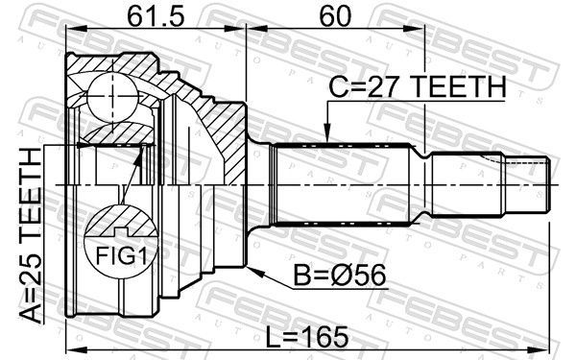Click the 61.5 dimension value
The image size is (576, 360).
click(x=156, y=16)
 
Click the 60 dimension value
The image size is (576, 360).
click(x=335, y=16)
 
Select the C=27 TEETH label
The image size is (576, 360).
click(x=418, y=87)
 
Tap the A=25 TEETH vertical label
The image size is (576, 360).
click(x=31, y=236)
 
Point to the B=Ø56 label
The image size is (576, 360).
click(x=340, y=276)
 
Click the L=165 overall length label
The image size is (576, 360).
click(x=307, y=337)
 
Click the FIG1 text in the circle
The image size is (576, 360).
click(x=121, y=255)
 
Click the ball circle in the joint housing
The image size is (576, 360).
click(x=113, y=98)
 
